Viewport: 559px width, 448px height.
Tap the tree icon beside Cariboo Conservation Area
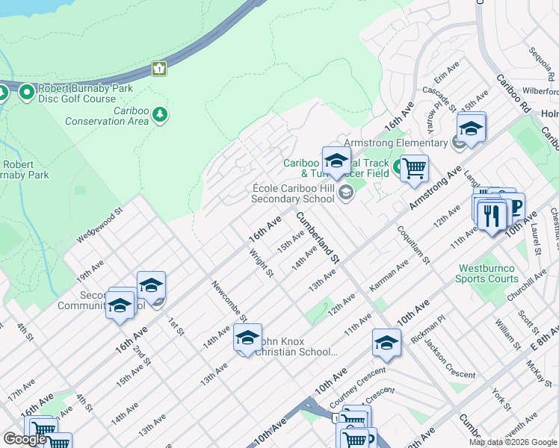(159, 114)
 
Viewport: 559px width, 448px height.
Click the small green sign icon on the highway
(158, 69)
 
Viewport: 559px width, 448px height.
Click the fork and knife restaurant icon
(489, 216)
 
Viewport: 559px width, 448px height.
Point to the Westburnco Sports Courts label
(487, 273)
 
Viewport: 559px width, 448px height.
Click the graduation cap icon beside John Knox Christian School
(247, 338)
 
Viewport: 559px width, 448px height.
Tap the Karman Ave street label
(389, 276)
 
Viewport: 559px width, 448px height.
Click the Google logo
(25, 439)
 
